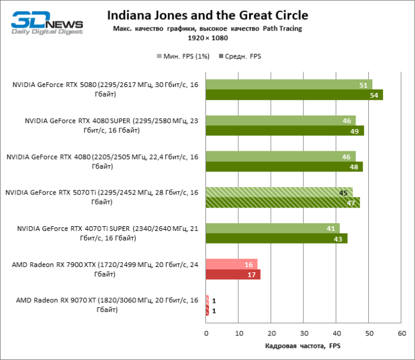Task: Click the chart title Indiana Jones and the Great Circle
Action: (x=207, y=15)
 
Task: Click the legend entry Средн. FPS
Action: (x=241, y=56)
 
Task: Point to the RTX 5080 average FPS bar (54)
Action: (x=294, y=95)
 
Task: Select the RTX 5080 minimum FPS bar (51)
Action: (x=289, y=85)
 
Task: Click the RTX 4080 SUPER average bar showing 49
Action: (x=285, y=131)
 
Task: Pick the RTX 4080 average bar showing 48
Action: (x=284, y=167)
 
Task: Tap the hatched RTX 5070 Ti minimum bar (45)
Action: (x=279, y=193)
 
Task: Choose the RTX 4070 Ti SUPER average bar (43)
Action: (x=276, y=239)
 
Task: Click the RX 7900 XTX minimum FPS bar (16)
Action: (x=231, y=265)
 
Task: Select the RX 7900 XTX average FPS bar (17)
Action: (x=233, y=275)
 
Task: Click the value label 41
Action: (x=330, y=229)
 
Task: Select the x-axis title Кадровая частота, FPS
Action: (x=303, y=346)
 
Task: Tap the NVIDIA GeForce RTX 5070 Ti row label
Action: (x=102, y=197)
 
